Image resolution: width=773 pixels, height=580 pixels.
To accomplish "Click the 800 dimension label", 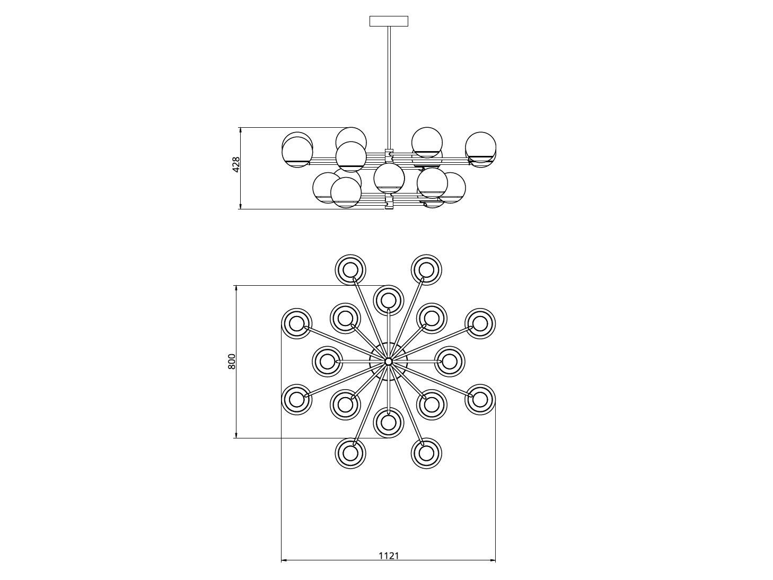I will pos(231,361).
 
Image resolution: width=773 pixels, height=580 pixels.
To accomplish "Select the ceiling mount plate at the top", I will pos(389,21).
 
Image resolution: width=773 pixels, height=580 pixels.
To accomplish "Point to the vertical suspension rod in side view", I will pos(389,85).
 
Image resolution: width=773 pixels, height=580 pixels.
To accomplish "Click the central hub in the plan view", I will pos(389,361).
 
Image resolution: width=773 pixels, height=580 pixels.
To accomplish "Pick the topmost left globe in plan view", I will pos(350,270).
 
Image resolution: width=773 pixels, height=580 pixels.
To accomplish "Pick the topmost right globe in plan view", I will pos(426,270).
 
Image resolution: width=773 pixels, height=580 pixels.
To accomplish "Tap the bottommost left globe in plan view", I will pos(350,453).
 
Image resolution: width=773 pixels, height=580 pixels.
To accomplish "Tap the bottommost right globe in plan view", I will pos(426,453).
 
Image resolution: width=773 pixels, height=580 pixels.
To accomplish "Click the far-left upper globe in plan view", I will pos(296,323).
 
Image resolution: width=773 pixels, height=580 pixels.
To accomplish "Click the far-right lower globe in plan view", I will pos(480,399).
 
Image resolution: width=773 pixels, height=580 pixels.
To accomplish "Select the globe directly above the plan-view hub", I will pos(389,300).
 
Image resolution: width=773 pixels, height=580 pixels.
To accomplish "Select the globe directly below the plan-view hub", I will pos(389,423).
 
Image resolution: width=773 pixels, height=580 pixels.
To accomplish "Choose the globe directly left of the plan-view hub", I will pos(327,361).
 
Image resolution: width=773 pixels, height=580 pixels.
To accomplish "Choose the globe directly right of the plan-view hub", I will pos(450,361).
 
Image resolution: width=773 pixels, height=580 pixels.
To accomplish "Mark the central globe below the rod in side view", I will pos(389,178).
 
